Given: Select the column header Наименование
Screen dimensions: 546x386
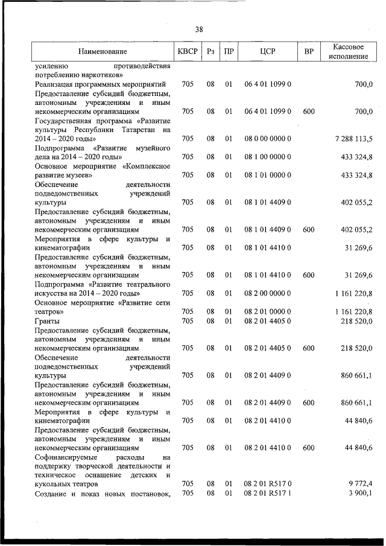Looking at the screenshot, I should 103,51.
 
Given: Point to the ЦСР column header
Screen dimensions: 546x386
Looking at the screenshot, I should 268,51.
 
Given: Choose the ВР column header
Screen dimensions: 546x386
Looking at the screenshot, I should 309,51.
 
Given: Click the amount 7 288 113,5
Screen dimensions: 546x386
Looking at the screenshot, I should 353,139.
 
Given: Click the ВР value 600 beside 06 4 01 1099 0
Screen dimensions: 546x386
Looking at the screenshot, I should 309,112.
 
